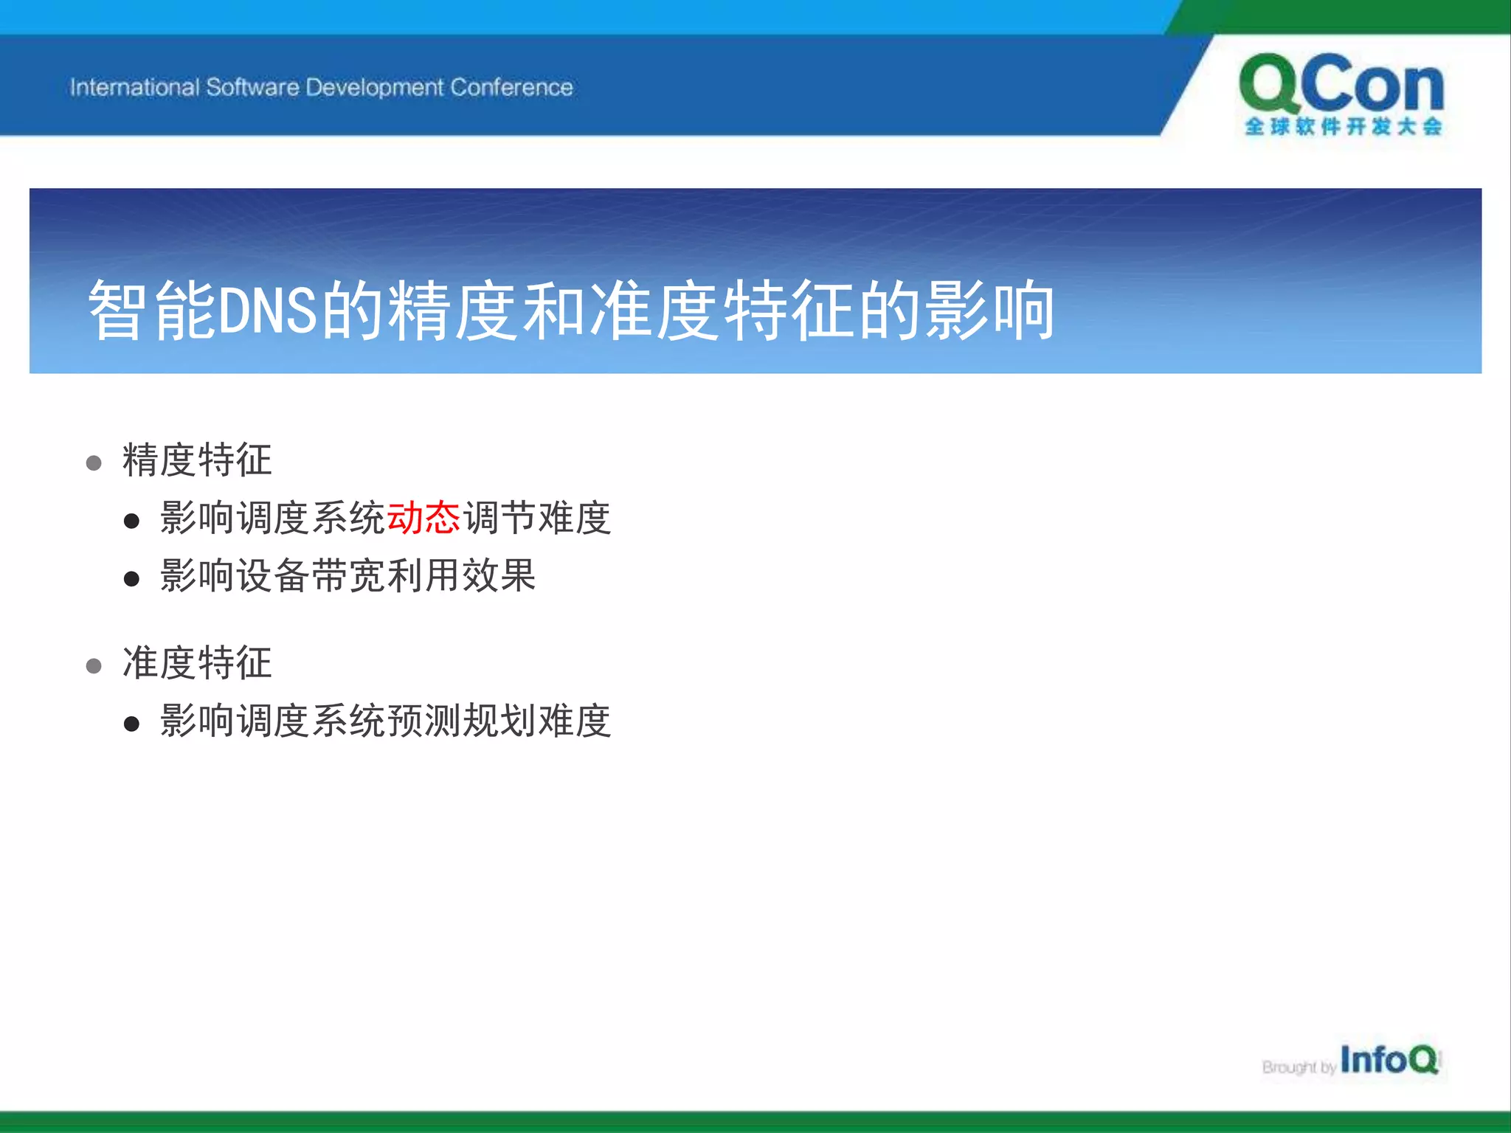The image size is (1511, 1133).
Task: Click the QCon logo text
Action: coord(1341,86)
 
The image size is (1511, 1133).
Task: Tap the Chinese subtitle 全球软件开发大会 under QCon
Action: coord(1343,127)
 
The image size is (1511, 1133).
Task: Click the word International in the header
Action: coord(134,88)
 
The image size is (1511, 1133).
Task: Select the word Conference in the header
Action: coord(511,88)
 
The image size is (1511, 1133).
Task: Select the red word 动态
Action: coord(423,517)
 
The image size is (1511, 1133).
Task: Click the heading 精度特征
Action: coord(197,460)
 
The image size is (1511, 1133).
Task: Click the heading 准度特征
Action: coord(197,662)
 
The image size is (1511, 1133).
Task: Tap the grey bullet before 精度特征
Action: coord(94,463)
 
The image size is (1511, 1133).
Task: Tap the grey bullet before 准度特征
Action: coord(94,666)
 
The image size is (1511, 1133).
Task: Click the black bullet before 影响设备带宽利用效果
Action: coord(131,579)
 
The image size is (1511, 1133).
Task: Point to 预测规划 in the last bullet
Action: coord(461,721)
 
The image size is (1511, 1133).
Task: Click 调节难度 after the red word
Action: coord(536,517)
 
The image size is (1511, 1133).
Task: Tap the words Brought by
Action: coord(1299,1067)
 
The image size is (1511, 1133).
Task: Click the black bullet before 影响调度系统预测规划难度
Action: coord(131,724)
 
